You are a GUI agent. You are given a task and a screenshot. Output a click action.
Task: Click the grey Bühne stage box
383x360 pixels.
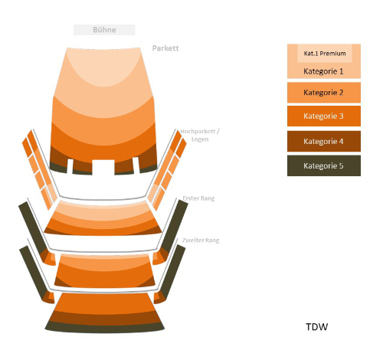click(x=104, y=30)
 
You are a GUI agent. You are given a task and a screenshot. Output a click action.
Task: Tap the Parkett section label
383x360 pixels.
click(x=165, y=48)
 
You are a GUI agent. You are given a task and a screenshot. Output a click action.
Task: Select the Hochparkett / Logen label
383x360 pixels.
click(x=200, y=136)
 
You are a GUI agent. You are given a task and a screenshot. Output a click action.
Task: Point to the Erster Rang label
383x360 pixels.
click(x=198, y=198)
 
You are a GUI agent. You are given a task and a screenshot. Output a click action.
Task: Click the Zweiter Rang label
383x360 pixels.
click(x=201, y=241)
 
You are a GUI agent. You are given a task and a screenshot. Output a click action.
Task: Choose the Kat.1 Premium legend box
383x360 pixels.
click(x=325, y=54)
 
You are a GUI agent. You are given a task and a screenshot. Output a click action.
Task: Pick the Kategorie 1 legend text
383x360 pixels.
click(x=323, y=71)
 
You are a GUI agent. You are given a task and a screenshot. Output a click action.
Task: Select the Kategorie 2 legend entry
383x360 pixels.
click(x=324, y=93)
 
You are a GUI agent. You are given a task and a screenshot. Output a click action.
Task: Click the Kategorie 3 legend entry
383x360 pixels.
click(x=324, y=116)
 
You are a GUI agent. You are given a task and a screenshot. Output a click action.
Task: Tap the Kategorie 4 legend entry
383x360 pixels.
click(x=324, y=141)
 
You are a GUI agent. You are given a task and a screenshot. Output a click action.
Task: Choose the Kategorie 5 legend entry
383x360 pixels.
click(x=324, y=165)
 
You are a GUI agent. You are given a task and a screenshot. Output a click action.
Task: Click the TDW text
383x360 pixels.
click(x=316, y=327)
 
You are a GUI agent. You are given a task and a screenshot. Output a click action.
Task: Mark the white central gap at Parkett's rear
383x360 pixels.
click(x=103, y=167)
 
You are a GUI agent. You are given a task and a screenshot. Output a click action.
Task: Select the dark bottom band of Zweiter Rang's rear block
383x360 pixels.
click(x=104, y=327)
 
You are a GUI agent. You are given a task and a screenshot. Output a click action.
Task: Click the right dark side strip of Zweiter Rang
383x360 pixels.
click(x=173, y=271)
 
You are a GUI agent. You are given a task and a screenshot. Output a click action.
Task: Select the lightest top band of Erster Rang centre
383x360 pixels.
click(x=103, y=209)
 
